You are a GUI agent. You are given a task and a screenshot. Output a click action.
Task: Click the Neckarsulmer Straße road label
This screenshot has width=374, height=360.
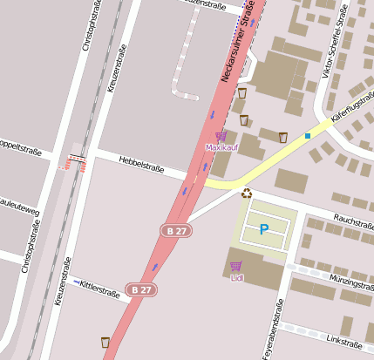click(236, 44)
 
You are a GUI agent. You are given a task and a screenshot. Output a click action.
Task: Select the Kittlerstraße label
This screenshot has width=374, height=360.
click(98, 289)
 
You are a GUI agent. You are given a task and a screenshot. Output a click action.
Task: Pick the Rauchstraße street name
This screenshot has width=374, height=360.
click(353, 221)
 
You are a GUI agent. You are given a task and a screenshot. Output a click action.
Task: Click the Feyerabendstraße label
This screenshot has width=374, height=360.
click(279, 329)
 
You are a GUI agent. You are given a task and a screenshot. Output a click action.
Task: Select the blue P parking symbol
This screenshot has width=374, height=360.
click(263, 230)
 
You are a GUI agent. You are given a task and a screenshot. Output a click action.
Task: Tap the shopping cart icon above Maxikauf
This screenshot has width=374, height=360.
click(221, 136)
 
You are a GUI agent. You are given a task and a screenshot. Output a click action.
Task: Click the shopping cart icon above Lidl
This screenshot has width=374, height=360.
click(235, 266)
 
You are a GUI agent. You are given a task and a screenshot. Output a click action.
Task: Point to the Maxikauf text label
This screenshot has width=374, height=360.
click(221, 147)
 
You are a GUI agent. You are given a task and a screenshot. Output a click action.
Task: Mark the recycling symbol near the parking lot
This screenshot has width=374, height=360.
click(247, 194)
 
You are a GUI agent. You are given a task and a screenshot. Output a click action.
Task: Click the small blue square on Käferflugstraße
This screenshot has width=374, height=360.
click(308, 136)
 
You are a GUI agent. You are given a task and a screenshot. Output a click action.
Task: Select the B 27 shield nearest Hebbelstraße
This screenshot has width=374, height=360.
click(176, 230)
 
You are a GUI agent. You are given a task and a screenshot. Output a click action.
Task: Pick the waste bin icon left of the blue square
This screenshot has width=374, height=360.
click(282, 137)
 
